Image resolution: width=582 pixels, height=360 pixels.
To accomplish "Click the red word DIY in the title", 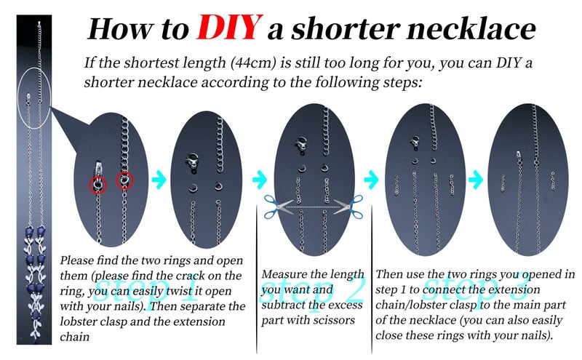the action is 229,28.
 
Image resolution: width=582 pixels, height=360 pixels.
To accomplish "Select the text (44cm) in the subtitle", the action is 253,63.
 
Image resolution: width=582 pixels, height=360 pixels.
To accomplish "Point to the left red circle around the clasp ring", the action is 98,185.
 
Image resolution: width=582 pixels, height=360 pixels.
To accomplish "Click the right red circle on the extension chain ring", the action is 124,180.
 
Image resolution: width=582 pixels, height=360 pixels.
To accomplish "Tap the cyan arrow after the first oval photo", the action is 159,180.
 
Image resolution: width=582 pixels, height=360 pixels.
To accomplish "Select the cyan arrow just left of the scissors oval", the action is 260,180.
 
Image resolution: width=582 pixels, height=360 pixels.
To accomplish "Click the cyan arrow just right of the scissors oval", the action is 371,180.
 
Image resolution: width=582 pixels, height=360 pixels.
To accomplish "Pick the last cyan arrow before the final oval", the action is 476,180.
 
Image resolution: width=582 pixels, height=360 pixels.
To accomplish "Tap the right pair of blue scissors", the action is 348,207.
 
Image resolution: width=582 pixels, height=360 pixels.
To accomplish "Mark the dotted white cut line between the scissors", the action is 314,207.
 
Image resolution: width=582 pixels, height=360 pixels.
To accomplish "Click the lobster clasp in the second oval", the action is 193,161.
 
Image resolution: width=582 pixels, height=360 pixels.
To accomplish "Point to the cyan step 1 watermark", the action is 148,292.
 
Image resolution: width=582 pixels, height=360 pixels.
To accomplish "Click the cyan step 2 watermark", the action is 313,289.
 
